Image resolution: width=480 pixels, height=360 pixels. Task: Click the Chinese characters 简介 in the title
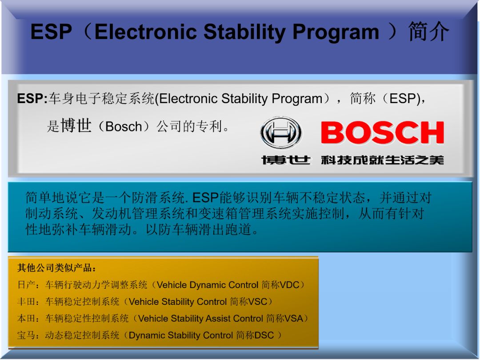coord(428,32)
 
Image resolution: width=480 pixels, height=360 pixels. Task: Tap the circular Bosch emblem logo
coord(281,132)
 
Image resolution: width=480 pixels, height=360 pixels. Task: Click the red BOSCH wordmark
coord(382,132)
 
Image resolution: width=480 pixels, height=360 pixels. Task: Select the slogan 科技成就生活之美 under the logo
coord(382,160)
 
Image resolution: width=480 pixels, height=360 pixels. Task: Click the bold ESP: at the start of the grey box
coord(32,99)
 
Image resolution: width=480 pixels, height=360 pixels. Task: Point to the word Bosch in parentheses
coord(124,126)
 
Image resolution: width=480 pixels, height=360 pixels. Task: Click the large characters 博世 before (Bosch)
coord(76,125)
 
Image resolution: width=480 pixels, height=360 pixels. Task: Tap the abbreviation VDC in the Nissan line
coord(289,285)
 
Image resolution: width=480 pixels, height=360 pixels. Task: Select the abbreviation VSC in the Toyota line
coord(257,302)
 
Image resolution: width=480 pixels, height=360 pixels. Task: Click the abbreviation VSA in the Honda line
coord(294,319)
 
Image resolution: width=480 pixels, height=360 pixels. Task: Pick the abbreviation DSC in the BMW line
coord(264,336)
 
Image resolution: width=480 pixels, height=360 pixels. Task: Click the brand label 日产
coord(27,285)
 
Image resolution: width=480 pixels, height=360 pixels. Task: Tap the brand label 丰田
coord(27,302)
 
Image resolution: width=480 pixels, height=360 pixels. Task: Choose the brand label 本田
coord(27,319)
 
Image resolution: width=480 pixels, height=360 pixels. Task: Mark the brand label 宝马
coord(27,336)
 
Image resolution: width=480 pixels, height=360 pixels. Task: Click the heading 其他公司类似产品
coord(55,268)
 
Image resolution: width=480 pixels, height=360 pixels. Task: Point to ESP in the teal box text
coord(205,198)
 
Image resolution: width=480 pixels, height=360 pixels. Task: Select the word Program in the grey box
coord(297,99)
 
